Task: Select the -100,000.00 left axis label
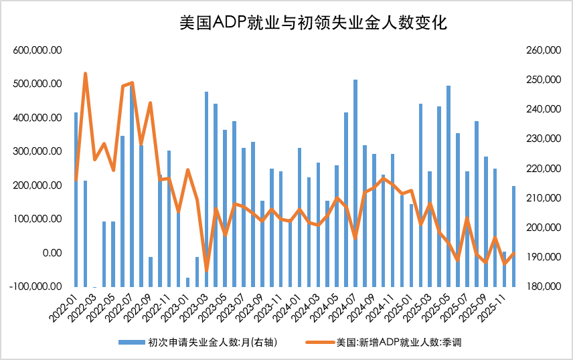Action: pos(37,286)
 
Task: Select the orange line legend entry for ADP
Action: pos(382,343)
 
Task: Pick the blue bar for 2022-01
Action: pos(76,201)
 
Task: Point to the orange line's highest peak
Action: pos(85,74)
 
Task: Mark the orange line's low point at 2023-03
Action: pos(206,271)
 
